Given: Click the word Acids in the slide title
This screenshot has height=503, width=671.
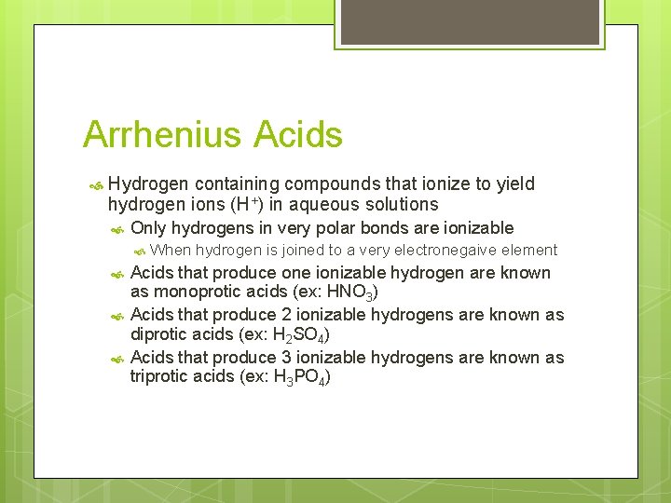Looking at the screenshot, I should [x=297, y=135].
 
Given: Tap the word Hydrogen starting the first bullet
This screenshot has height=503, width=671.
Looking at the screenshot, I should [x=148, y=184].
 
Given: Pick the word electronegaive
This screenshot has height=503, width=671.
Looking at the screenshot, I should [x=442, y=250].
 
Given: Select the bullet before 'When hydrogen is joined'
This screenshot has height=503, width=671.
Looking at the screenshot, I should [x=139, y=251].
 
